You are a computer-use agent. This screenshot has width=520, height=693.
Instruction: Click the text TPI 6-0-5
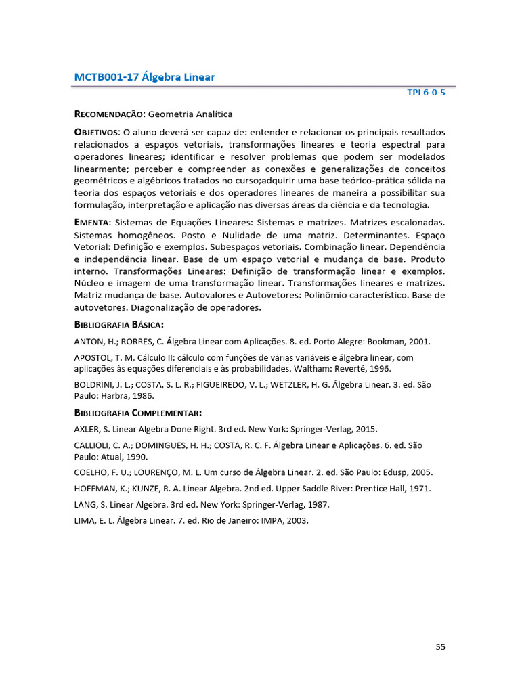point(426,93)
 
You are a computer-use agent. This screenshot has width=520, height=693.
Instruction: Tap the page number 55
point(440,646)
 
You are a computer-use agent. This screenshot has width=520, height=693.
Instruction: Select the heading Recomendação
point(108,115)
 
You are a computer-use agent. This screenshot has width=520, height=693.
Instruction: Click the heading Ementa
point(92,222)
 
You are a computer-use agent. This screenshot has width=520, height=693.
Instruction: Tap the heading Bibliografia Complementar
point(137,413)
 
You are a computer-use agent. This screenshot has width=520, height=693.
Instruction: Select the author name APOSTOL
point(93,357)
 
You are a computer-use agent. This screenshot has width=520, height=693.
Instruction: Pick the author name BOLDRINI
point(95,384)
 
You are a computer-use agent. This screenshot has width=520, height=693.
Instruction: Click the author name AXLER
point(87,429)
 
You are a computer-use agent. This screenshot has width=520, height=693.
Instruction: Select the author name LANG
point(86,505)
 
